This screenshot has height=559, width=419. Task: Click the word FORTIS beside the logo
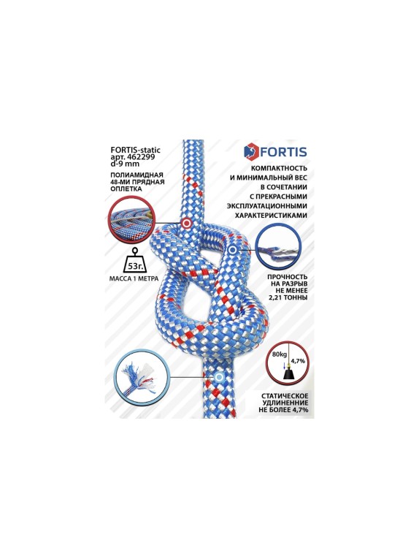pos(285,152)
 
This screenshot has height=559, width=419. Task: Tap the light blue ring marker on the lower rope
pos(218,377)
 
